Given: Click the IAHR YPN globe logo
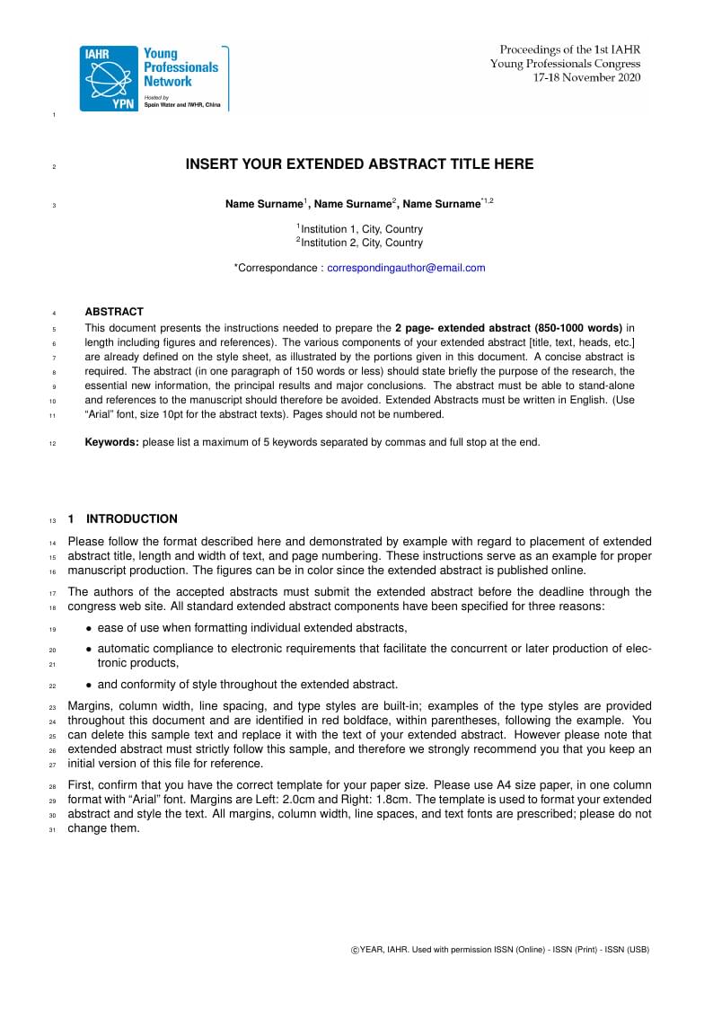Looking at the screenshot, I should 109,79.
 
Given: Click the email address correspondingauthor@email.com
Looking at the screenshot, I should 406,268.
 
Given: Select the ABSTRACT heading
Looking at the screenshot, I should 114,312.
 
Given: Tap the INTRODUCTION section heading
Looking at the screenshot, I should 132,518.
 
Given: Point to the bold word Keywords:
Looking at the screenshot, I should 111,442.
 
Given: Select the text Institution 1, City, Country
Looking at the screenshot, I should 361,229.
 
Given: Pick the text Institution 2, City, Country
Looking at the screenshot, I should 361,243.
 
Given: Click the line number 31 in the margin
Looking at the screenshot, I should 52,830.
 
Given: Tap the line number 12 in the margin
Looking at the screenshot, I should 52,443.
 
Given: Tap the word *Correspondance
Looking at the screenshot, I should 276,268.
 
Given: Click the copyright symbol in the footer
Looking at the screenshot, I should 354,950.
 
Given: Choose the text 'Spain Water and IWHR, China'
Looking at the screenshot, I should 182,105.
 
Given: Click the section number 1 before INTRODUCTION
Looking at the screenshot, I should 71,518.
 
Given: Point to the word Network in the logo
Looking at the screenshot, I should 168,81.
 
